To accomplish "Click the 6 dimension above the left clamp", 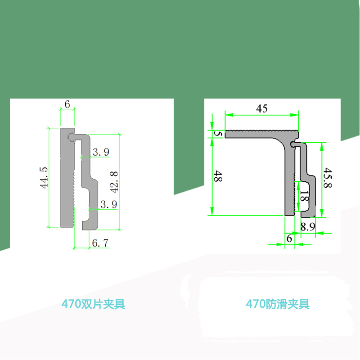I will (67, 104).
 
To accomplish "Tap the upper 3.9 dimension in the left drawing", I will (100, 152).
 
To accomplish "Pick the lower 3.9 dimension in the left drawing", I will (109, 204).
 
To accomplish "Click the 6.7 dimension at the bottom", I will (100, 243).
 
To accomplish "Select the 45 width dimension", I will (262, 108).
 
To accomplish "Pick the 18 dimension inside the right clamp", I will (304, 198).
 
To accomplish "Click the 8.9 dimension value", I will (308, 227).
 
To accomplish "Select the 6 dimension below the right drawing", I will (289, 238).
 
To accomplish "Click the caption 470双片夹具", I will (93, 304).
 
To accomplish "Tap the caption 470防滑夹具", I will (278, 304).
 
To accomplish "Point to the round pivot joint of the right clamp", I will (293, 144).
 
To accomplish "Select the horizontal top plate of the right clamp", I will (261, 134).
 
